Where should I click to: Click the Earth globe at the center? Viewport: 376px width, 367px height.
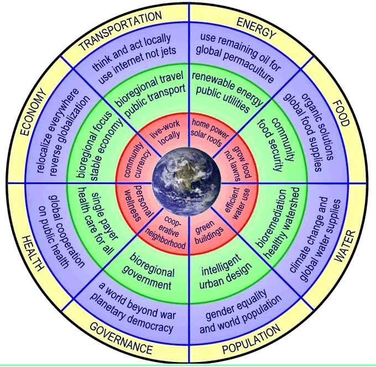186,182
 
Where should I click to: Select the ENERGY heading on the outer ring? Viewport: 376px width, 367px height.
257,28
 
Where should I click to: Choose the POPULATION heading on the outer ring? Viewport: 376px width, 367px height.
251,339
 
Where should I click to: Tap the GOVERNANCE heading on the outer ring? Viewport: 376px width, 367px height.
121,338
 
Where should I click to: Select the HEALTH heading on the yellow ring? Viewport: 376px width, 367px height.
33,254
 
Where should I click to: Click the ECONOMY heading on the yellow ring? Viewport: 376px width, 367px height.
33,112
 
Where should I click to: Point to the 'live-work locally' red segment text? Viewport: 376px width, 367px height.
165,133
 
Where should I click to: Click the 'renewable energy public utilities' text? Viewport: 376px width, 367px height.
227,92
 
